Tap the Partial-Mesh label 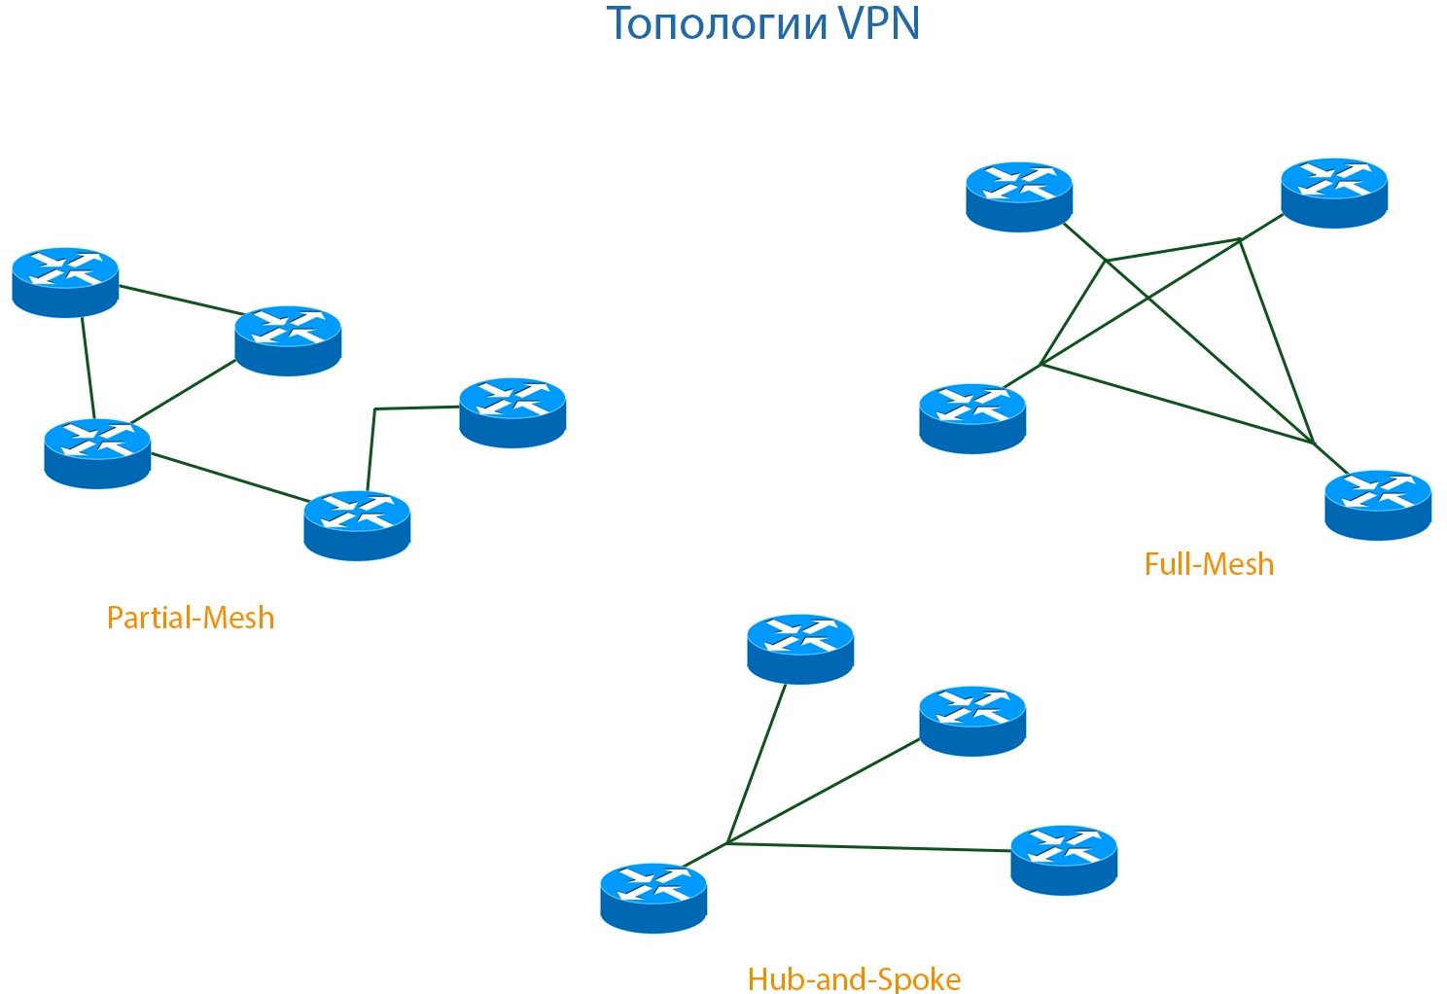(191, 618)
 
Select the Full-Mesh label (1209, 564)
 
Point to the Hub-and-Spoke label (854, 978)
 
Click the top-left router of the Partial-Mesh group (65, 282)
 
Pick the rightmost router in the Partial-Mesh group (512, 412)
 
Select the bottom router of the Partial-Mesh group (357, 525)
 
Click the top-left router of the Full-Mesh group (1019, 196)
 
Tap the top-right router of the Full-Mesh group (1334, 193)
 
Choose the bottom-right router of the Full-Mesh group (1378, 505)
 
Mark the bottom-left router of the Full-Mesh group (972, 418)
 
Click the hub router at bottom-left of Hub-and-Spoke (653, 898)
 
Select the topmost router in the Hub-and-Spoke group (800, 649)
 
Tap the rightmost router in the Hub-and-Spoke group (1064, 860)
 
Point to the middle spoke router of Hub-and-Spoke (972, 721)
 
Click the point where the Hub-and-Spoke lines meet (727, 842)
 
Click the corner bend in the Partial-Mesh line (375, 409)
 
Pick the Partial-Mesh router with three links (97, 453)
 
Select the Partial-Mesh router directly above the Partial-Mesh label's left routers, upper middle (288, 340)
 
